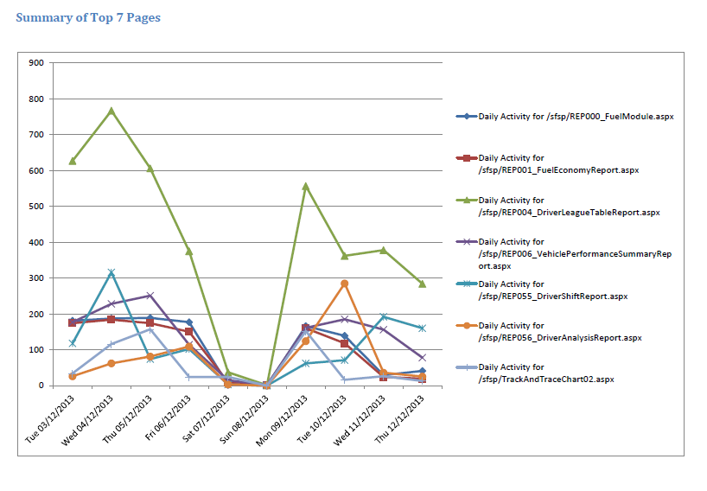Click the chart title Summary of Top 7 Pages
point(88,17)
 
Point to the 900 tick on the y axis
point(37,62)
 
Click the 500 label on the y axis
point(37,206)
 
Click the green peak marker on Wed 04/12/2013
point(111,111)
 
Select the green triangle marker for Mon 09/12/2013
point(305,186)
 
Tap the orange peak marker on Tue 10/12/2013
point(344,284)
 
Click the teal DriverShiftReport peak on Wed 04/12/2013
point(111,272)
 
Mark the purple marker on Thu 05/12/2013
point(150,296)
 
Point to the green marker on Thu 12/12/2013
point(422,284)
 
